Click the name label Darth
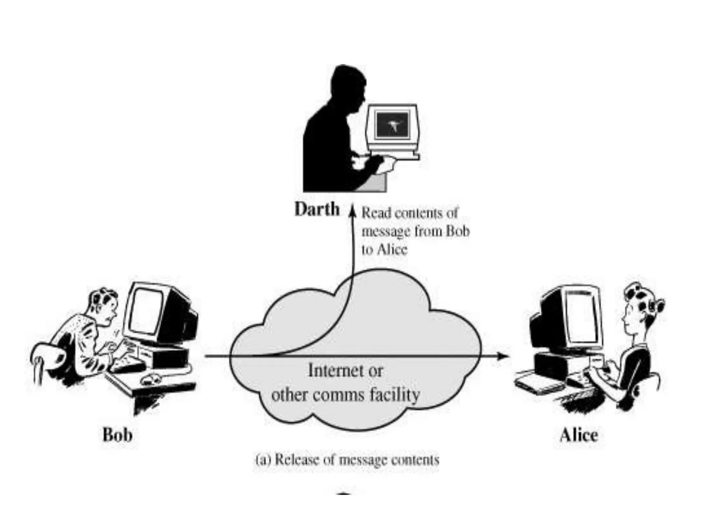pyautogui.click(x=317, y=209)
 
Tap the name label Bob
pyautogui.click(x=117, y=435)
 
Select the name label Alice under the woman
pyautogui.click(x=579, y=435)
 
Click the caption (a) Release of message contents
pyautogui.click(x=347, y=460)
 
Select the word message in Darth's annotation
pyautogui.click(x=386, y=232)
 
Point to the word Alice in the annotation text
pyautogui.click(x=392, y=249)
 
